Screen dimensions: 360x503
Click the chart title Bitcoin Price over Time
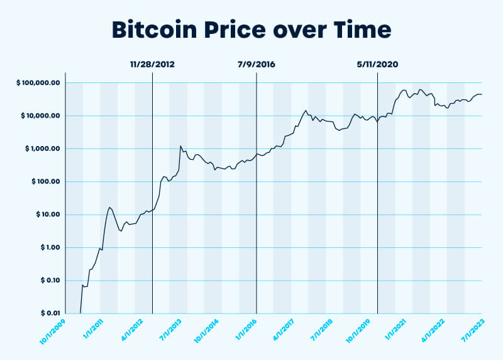(x=251, y=30)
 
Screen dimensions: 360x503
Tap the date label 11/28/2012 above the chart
(x=152, y=65)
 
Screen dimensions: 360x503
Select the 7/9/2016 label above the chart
(x=257, y=65)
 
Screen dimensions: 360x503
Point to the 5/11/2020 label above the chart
(x=377, y=65)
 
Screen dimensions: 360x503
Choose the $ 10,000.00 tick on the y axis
(x=38, y=116)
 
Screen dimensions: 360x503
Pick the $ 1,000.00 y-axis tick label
(x=40, y=149)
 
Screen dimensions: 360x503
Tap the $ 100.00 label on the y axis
(x=43, y=182)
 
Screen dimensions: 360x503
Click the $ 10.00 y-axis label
(x=45, y=215)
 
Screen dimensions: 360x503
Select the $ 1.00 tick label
(x=47, y=247)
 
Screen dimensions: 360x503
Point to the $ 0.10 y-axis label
(x=47, y=280)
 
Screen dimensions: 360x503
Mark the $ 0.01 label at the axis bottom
(x=47, y=313)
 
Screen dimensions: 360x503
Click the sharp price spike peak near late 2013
(x=180, y=146)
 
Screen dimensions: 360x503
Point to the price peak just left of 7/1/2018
(x=306, y=111)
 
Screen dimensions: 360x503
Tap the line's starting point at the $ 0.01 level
(x=81, y=313)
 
